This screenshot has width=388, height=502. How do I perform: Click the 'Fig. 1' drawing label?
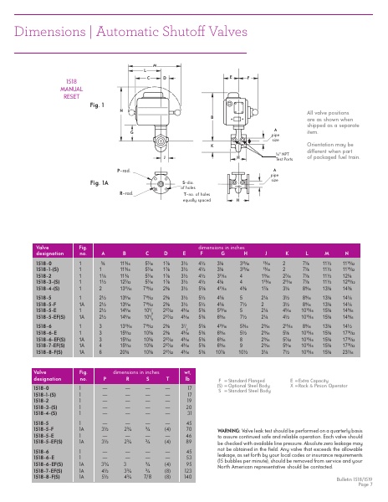[97, 105]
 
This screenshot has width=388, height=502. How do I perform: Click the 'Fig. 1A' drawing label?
[100, 182]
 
